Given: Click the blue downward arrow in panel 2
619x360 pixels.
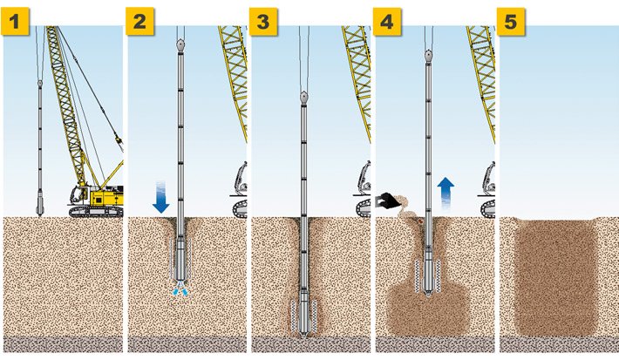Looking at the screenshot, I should (x=161, y=197).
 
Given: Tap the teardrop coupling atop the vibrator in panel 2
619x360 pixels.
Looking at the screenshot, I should (x=180, y=42).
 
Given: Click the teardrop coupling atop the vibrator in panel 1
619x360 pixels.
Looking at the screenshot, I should (x=41, y=85).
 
